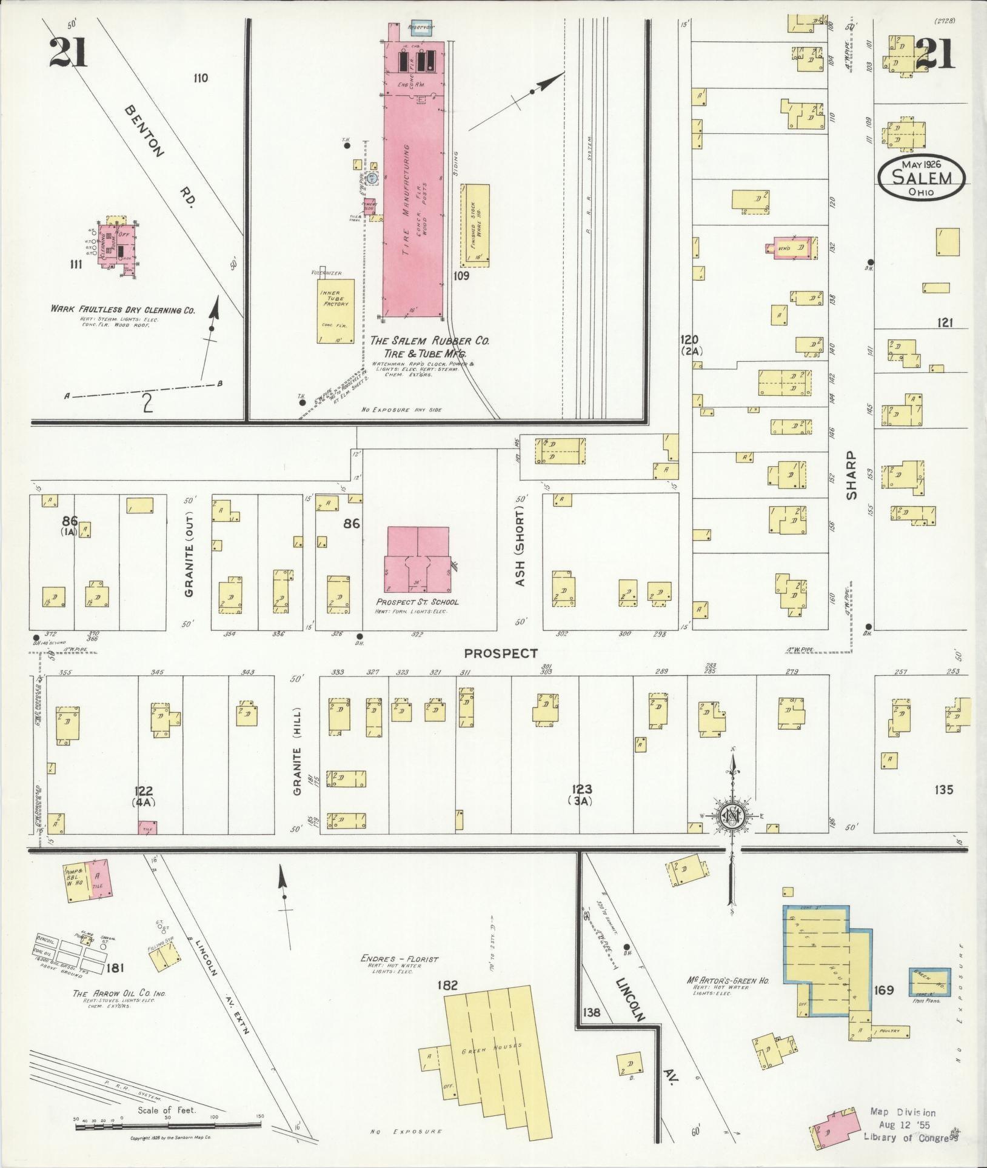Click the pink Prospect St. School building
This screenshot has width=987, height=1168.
click(x=418, y=559)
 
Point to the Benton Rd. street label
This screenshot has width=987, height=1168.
click(x=159, y=159)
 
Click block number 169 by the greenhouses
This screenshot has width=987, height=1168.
click(x=884, y=990)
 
